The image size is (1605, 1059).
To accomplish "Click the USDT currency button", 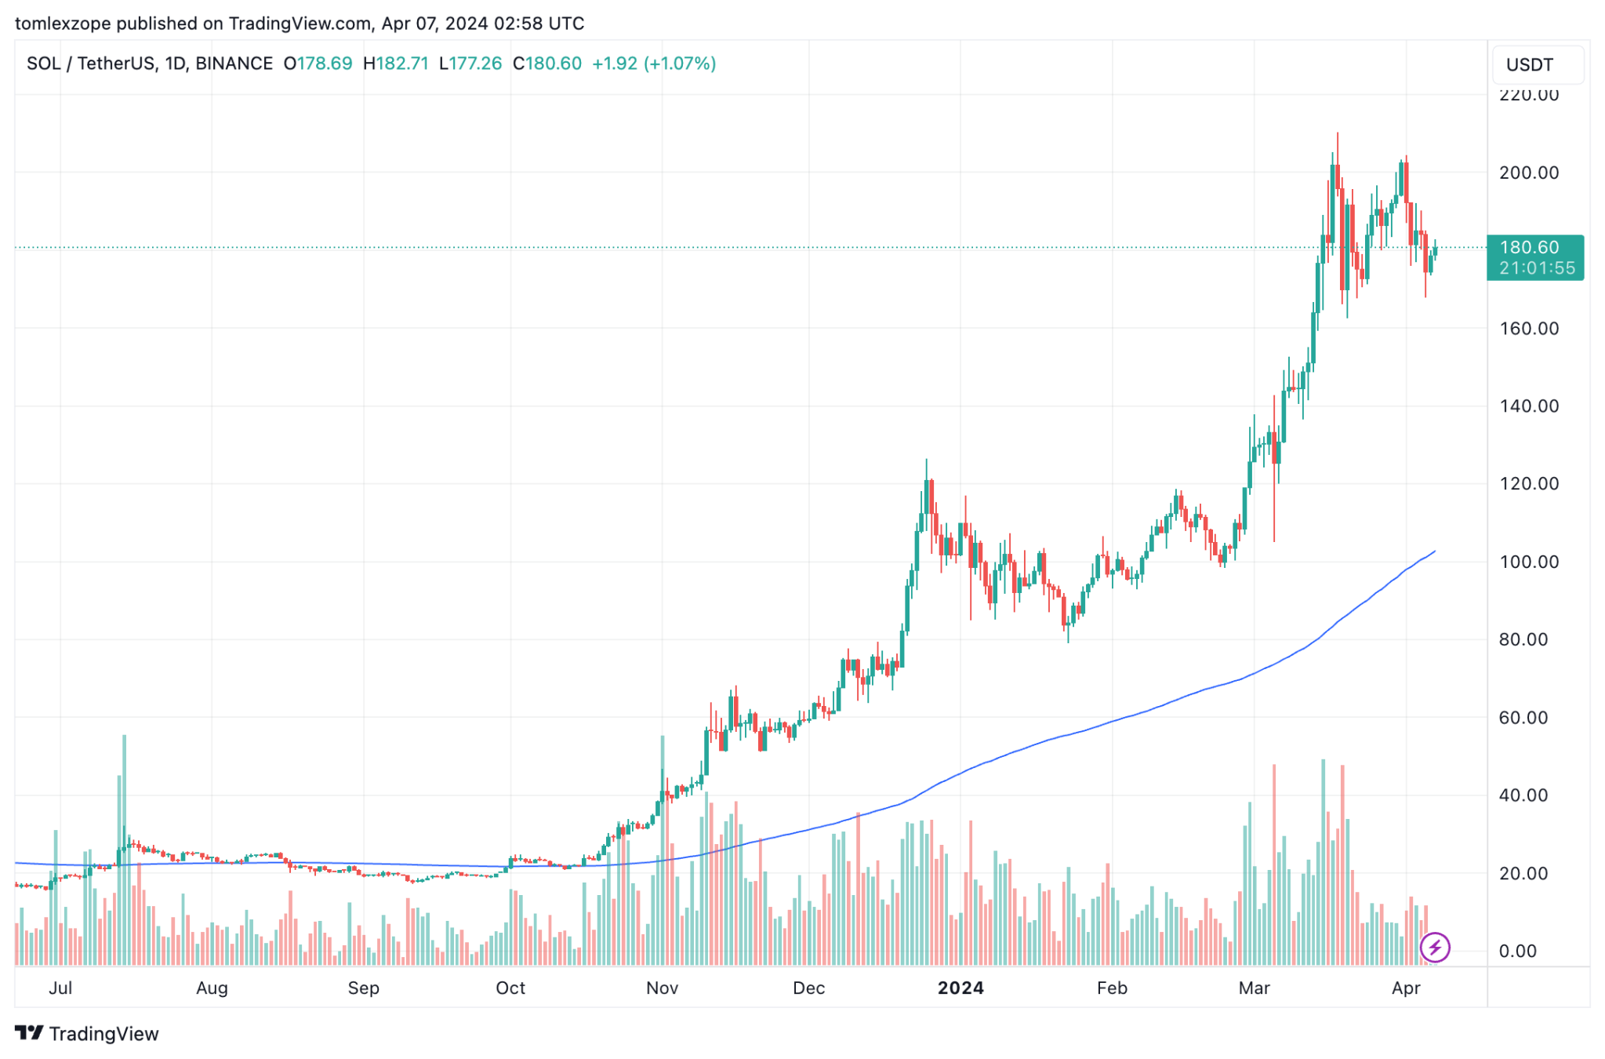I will click(x=1536, y=65).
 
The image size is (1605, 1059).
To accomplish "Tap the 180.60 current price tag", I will click(x=1534, y=257).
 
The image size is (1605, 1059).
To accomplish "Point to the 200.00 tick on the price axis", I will click(x=1528, y=173).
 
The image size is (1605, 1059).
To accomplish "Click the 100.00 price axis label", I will click(x=1528, y=562).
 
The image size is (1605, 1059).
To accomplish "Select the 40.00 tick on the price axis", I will click(x=1523, y=795).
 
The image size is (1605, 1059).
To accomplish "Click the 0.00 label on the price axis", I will click(x=1517, y=951).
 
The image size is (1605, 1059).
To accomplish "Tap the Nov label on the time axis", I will click(x=662, y=988).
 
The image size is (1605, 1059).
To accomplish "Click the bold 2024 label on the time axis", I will click(x=960, y=988).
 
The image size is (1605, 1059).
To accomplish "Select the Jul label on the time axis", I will click(x=60, y=988).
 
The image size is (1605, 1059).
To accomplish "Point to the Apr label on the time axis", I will click(x=1405, y=988).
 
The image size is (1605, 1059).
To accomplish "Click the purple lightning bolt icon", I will click(x=1434, y=947).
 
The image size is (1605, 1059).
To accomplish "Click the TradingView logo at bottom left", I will click(x=86, y=1033).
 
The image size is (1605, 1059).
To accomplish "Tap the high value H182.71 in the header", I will click(x=396, y=64).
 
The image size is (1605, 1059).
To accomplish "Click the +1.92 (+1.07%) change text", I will click(x=653, y=64).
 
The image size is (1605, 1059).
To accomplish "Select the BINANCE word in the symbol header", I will click(x=234, y=64).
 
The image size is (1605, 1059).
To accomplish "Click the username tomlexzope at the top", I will click(x=63, y=24).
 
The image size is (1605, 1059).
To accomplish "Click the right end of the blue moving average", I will click(x=1434, y=551).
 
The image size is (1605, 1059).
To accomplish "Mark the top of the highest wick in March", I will click(x=1337, y=133).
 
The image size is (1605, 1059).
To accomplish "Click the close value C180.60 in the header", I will click(x=546, y=64).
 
